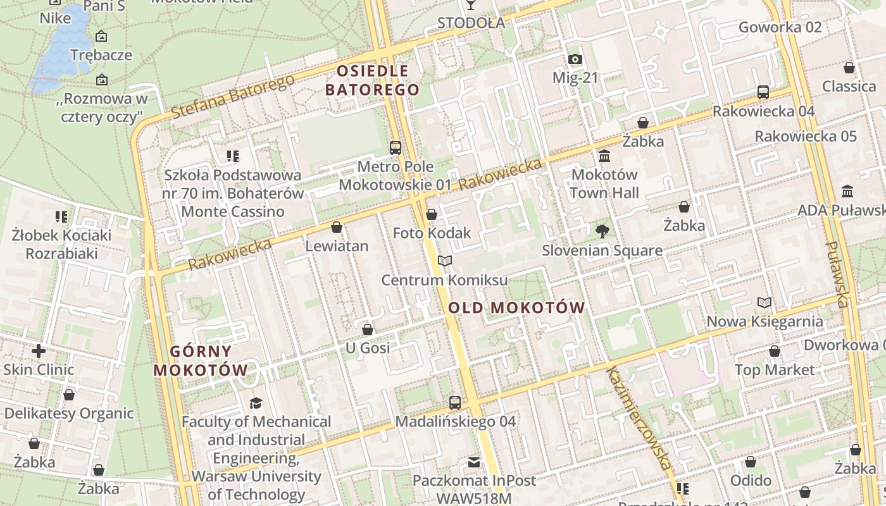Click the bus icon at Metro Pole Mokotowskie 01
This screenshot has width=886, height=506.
[396, 148]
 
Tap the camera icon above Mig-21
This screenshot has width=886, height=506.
[575, 59]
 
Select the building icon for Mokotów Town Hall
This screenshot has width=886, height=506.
[604, 156]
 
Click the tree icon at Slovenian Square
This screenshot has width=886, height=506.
[602, 231]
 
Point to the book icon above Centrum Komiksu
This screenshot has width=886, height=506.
[445, 261]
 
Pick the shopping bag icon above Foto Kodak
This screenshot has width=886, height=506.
[432, 214]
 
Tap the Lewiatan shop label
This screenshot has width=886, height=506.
[337, 246]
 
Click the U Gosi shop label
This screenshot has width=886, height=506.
[368, 348]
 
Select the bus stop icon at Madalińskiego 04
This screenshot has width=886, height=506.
[454, 402]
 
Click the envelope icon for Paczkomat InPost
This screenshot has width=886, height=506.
[474, 462]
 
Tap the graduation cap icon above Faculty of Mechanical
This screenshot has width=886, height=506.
[256, 403]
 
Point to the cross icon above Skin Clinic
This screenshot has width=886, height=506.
[39, 350]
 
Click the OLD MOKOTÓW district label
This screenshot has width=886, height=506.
[516, 308]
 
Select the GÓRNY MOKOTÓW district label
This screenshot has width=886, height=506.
[201, 361]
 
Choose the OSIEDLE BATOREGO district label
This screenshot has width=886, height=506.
[373, 80]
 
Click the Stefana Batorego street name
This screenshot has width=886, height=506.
[233, 97]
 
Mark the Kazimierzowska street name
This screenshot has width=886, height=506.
[639, 417]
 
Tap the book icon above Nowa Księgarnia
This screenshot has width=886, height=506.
[764, 303]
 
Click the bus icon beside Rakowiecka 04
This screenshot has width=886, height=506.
[763, 92]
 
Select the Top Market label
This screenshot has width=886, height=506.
[775, 370]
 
